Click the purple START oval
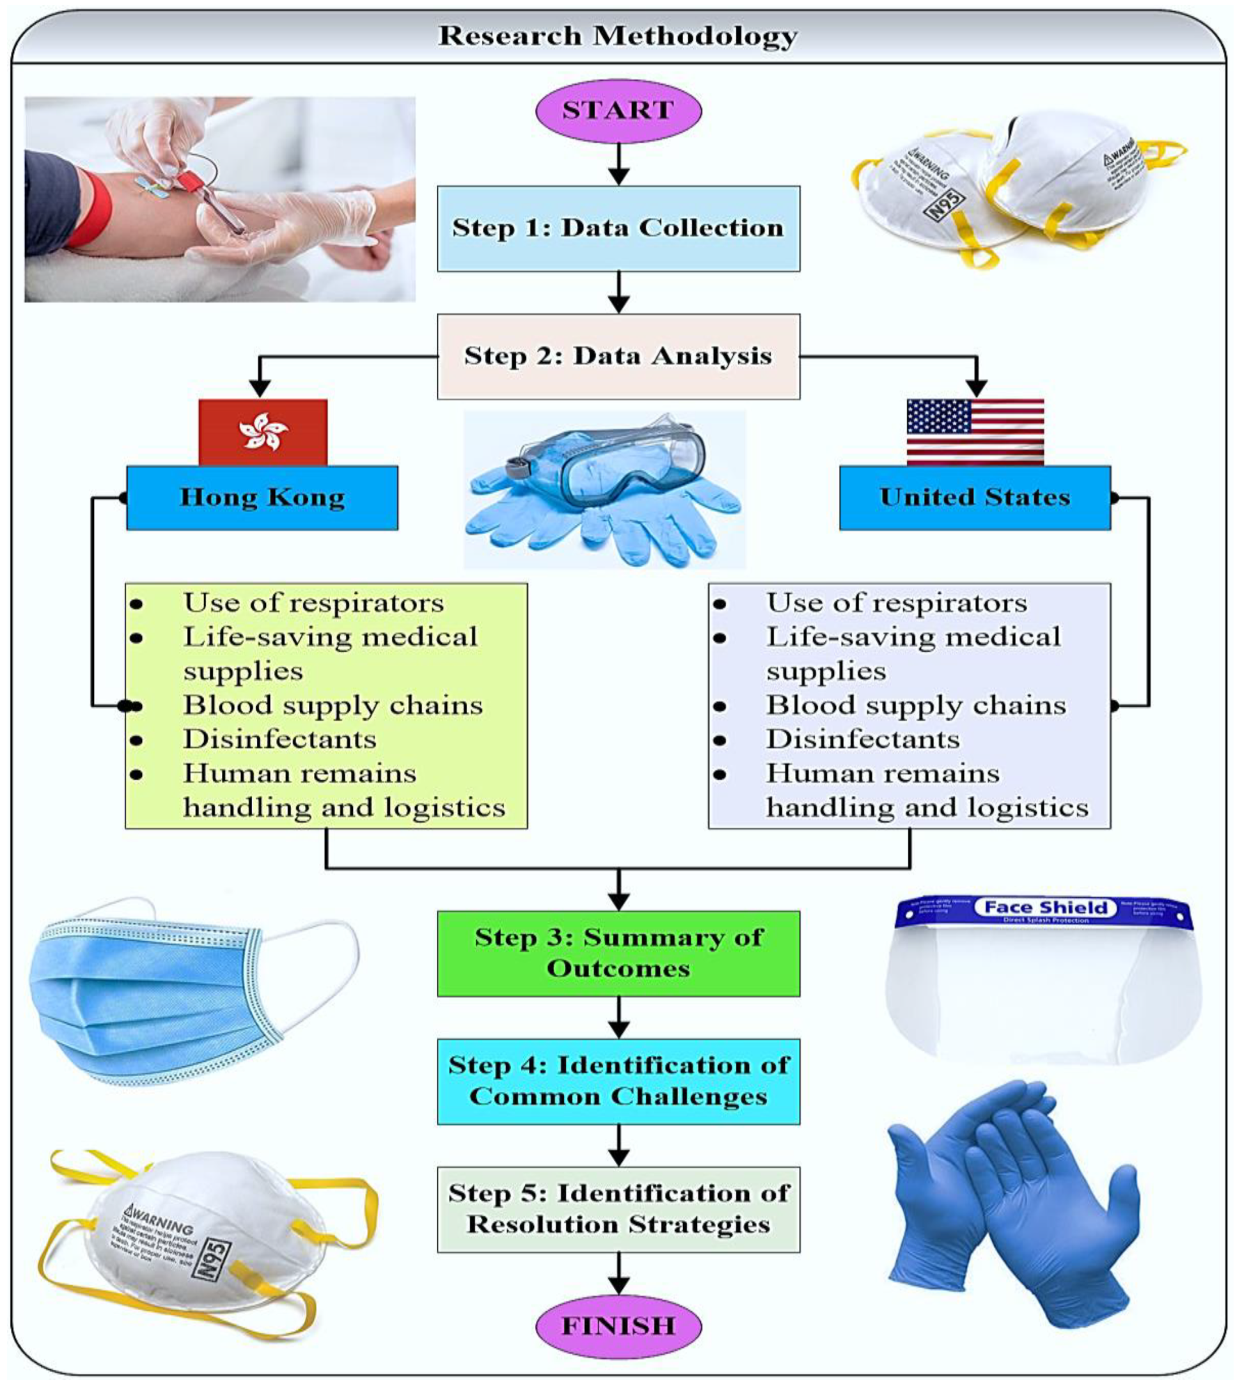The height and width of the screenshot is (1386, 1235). tap(618, 111)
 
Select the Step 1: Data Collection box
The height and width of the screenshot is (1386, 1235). tap(618, 229)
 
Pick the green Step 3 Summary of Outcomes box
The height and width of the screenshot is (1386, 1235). tap(618, 953)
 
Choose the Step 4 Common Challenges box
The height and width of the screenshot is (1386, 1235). tap(618, 1081)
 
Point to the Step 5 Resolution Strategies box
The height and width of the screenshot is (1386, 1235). tap(618, 1209)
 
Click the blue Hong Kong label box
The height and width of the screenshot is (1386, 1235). tap(262, 498)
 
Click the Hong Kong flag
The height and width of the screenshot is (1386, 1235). tap(263, 432)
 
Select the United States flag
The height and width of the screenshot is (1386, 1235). tap(975, 432)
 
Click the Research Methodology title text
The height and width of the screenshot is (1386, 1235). tap(618, 36)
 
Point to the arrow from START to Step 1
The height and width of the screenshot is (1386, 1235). tap(618, 165)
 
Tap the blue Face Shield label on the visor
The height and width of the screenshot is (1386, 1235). tap(1045, 907)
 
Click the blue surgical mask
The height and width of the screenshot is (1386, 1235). tap(156, 991)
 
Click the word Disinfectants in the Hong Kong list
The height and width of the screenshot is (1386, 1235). tap(280, 739)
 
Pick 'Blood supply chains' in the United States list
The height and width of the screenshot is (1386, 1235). tap(916, 705)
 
